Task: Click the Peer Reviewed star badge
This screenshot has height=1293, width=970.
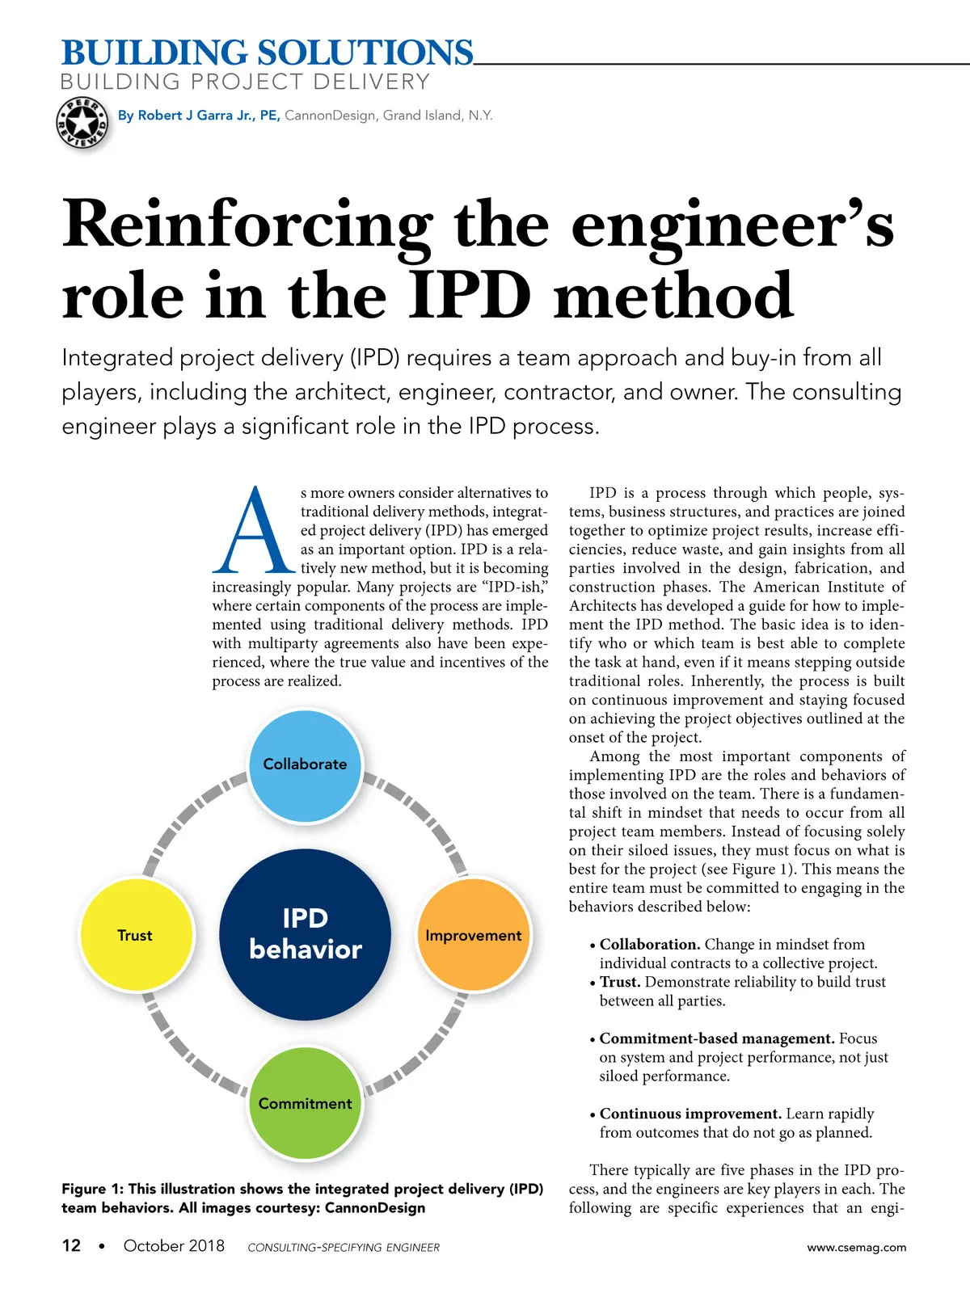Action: coord(82,123)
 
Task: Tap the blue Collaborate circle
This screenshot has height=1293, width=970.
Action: coord(305,765)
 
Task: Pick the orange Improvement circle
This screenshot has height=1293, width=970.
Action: coord(474,935)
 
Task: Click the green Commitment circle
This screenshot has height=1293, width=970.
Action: coord(305,1103)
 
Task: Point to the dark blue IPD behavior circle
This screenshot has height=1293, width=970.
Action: coord(305,934)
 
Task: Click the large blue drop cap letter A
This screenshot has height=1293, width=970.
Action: coord(254,529)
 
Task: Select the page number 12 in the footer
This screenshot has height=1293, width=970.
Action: coord(71,1245)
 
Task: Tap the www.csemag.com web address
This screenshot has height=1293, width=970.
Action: coord(856,1247)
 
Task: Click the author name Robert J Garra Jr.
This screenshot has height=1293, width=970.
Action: coord(194,116)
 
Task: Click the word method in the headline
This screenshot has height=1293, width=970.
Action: coord(673,294)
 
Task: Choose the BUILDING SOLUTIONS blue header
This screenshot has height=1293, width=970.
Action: coord(268,53)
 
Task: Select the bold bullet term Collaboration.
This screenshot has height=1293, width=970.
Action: coord(650,944)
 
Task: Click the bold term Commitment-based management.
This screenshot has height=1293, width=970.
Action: coord(717,1038)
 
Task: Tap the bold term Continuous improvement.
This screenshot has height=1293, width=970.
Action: coord(690,1114)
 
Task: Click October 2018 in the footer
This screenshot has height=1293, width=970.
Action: coord(174,1245)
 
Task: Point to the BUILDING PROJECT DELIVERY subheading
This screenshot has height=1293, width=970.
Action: coord(245,82)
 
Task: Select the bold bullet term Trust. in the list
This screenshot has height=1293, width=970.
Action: coord(620,982)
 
